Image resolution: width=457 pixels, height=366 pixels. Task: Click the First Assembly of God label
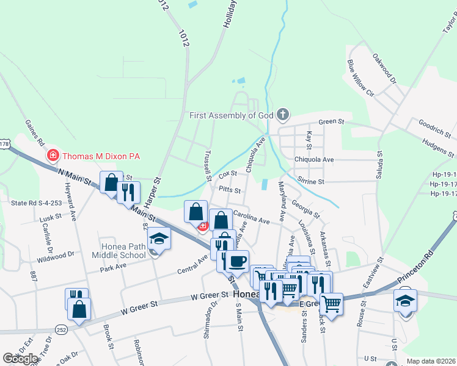[231, 115]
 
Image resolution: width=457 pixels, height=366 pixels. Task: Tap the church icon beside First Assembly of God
[283, 114]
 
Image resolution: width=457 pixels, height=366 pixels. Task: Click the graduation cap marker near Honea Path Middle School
[159, 238]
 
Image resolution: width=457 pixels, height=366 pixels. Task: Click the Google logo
[21, 359]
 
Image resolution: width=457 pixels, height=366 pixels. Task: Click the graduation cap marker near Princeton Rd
[406, 303]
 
